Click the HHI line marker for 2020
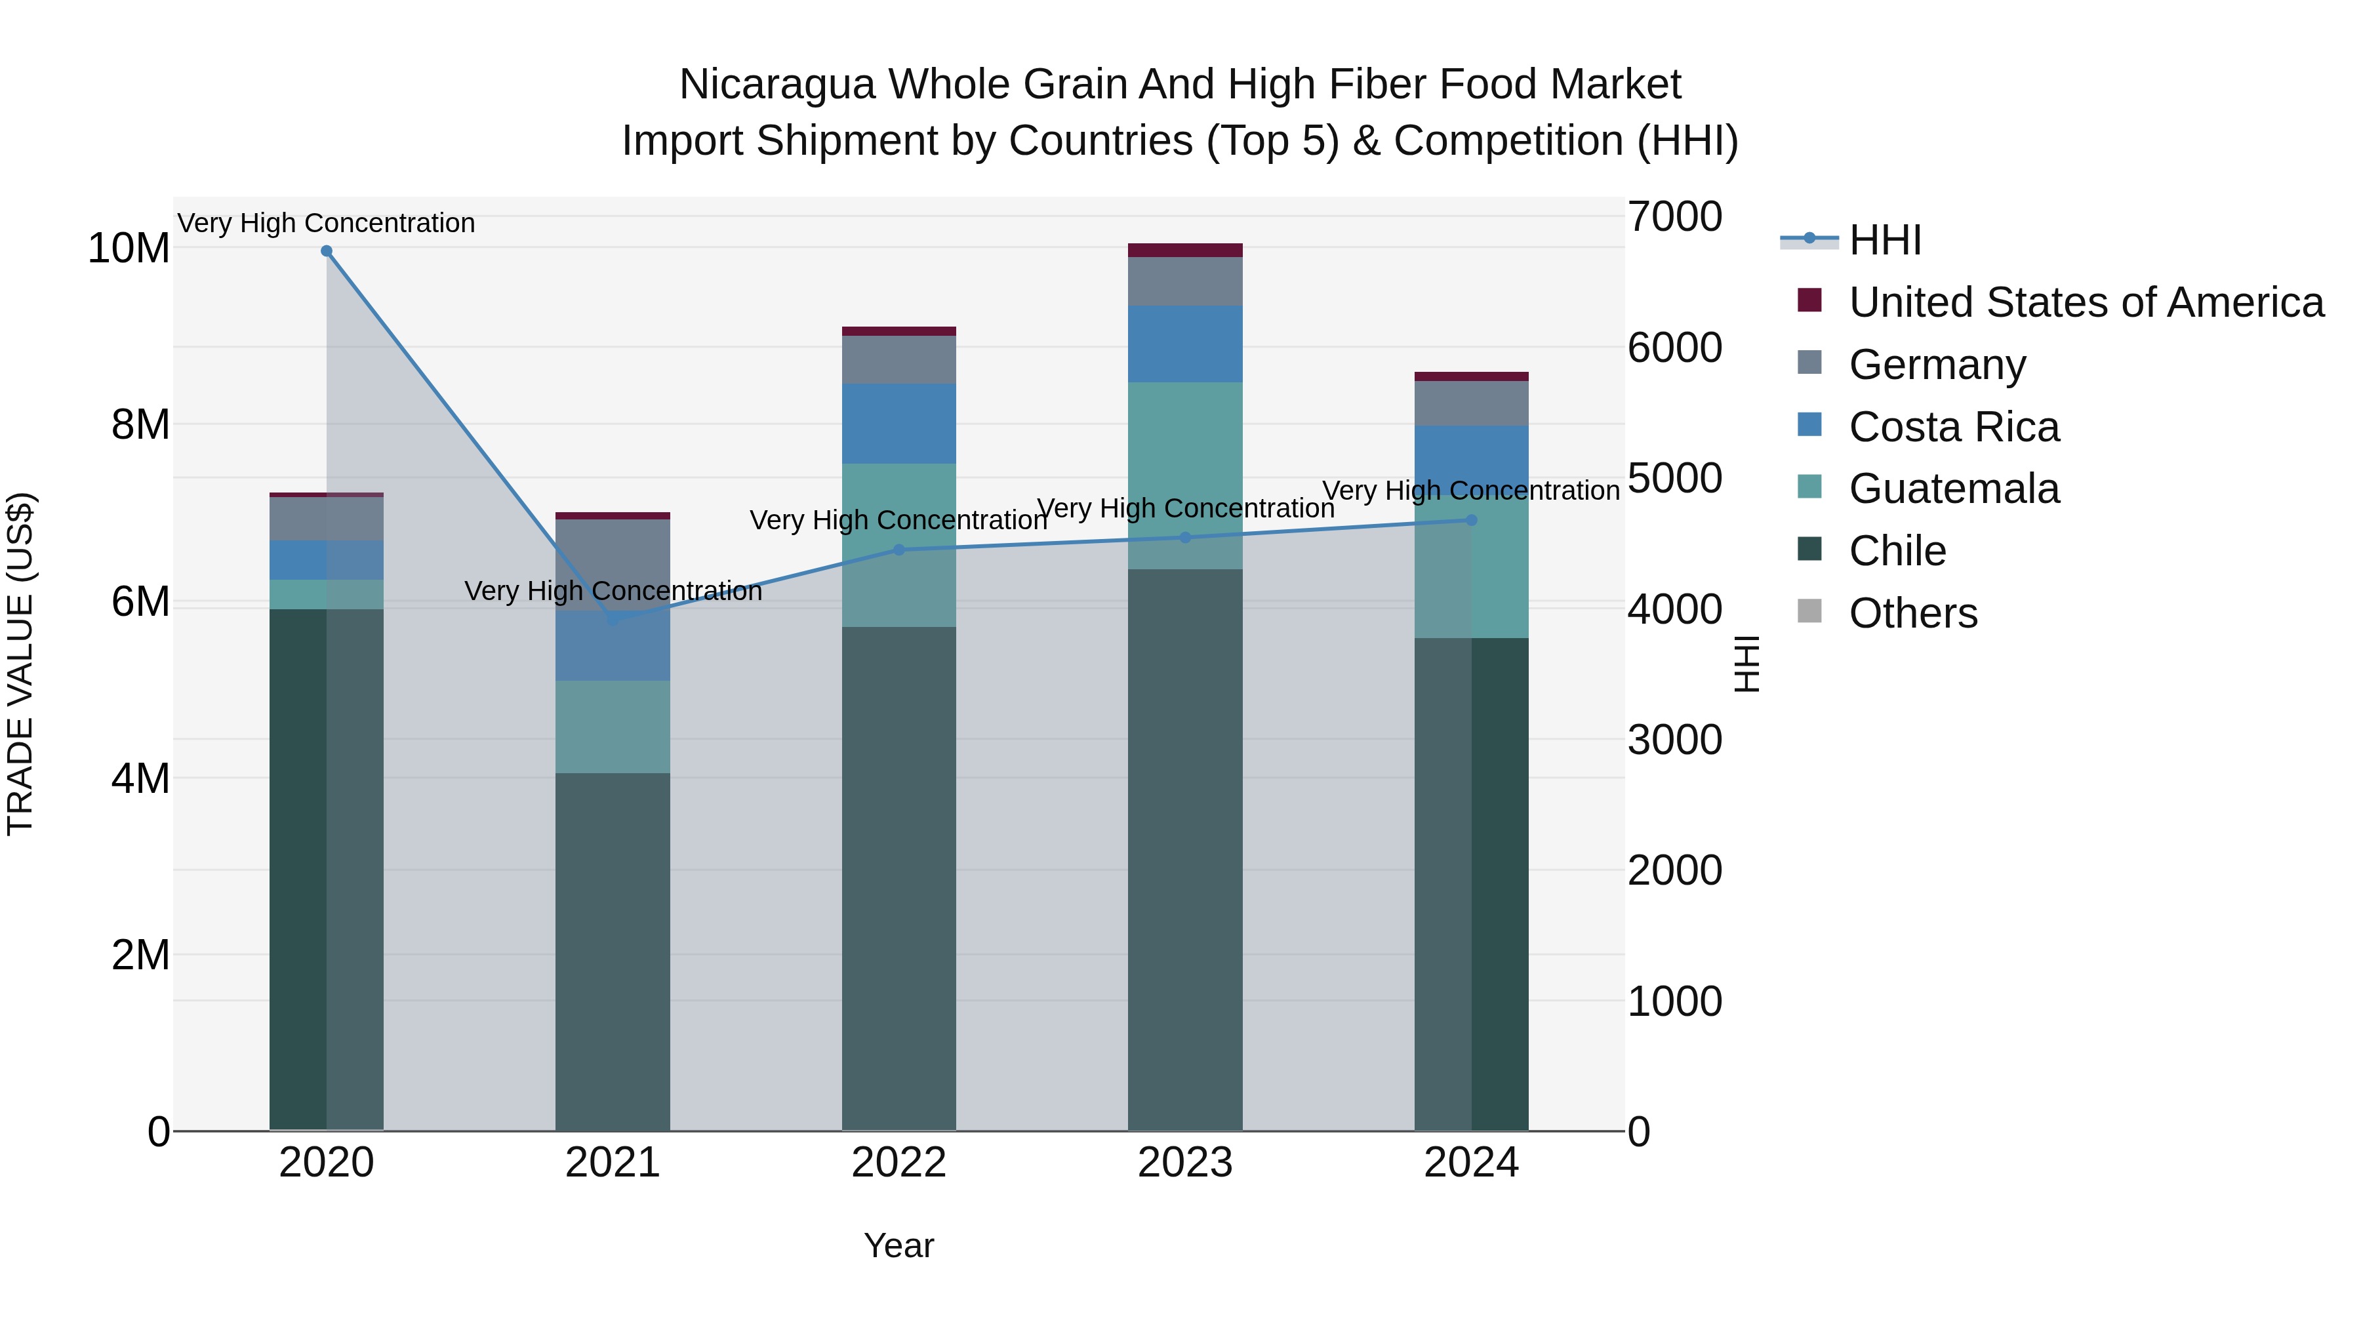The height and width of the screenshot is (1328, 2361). pyautogui.click(x=327, y=251)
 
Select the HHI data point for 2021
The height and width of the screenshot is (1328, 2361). pyautogui.click(x=613, y=620)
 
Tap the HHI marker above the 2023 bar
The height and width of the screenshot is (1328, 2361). pyautogui.click(x=1185, y=537)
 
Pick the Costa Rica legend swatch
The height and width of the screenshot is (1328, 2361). pyautogui.click(x=1809, y=425)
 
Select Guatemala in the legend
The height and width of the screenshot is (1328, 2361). pyautogui.click(x=1953, y=489)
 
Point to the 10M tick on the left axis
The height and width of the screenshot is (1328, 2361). pyautogui.click(x=129, y=249)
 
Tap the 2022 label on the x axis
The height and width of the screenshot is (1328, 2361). pyautogui.click(x=898, y=1163)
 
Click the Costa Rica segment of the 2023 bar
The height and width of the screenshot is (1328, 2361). pyautogui.click(x=1185, y=344)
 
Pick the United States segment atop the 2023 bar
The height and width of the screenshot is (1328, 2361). pyautogui.click(x=1185, y=251)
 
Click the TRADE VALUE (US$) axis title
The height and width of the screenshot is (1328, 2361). pyautogui.click(x=20, y=664)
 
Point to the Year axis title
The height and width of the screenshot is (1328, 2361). pyautogui.click(x=898, y=1245)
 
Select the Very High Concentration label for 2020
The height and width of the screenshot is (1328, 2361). pyautogui.click(x=327, y=224)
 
